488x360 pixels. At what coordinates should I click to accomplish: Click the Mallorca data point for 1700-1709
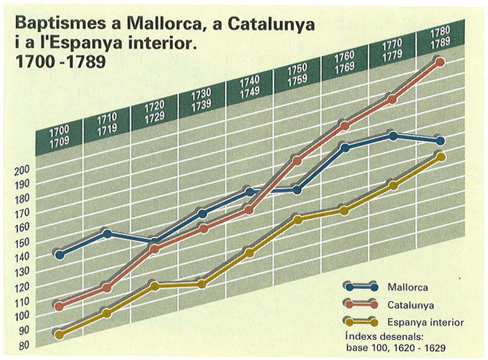[x=59, y=255]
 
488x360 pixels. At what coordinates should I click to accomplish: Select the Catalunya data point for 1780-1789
[x=440, y=62]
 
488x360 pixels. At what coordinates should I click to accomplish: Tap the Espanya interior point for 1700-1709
[x=59, y=334]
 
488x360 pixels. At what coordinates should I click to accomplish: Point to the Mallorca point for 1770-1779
[x=393, y=136]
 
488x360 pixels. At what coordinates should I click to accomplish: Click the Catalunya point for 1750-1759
[x=297, y=160]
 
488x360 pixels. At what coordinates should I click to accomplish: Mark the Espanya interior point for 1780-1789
[x=440, y=157]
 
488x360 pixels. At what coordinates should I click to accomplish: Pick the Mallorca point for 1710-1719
[x=107, y=234]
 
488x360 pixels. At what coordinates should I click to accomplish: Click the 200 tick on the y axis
[x=22, y=170]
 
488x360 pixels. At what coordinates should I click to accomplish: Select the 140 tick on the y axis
[x=22, y=257]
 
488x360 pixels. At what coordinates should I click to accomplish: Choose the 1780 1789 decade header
[x=439, y=41]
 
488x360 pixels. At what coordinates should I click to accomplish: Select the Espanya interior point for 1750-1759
[x=297, y=218]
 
